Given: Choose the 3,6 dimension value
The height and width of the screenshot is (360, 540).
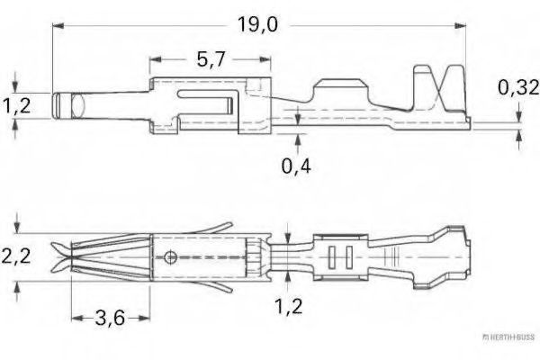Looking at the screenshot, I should (110, 318).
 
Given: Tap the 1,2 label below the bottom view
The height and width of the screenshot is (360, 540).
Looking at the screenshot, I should (288, 306).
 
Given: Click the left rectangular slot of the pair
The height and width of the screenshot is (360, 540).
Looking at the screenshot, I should (330, 257).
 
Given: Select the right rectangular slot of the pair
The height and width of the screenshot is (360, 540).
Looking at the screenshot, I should (346, 257).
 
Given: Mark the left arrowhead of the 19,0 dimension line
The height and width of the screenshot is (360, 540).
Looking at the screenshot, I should (58, 27).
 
